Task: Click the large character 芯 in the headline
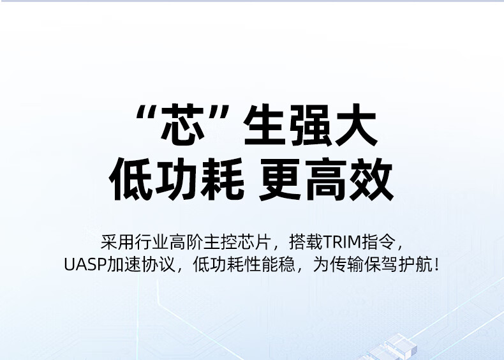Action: click(x=182, y=124)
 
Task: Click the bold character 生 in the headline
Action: click(x=265, y=124)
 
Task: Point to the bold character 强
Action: click(x=310, y=125)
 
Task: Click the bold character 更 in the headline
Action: click(x=280, y=179)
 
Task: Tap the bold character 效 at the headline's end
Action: click(x=371, y=179)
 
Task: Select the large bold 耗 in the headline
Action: click(x=222, y=179)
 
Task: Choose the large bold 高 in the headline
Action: click(x=325, y=179)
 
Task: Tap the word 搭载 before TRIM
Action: click(x=306, y=242)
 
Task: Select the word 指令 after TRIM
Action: click(x=378, y=242)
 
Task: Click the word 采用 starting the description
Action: click(x=117, y=242)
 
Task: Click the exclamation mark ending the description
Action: click(x=436, y=264)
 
